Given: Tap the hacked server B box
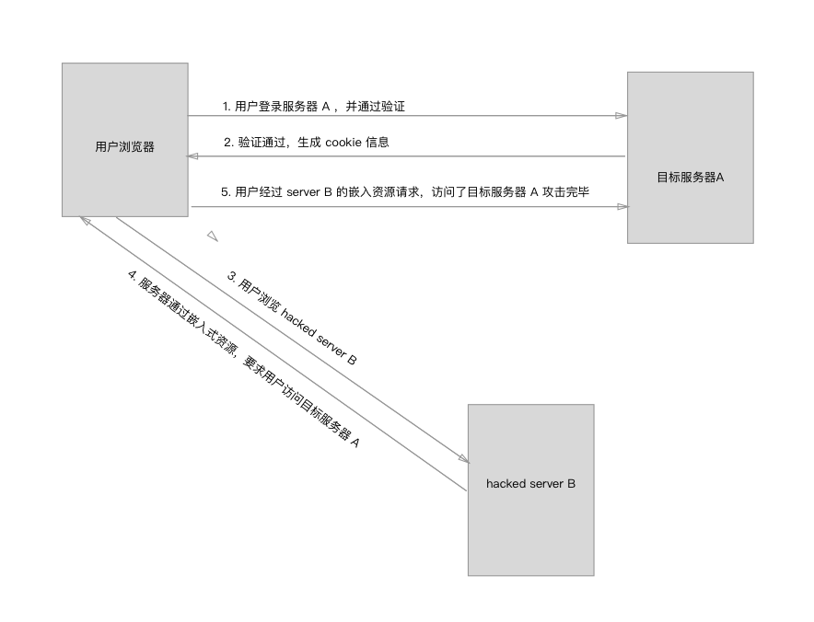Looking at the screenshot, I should (x=530, y=534).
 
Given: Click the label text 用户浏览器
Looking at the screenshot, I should (x=124, y=146).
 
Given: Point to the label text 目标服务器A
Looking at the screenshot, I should (x=690, y=177).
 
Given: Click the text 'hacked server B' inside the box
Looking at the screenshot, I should (x=530, y=483).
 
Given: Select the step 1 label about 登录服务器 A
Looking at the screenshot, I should (x=313, y=107).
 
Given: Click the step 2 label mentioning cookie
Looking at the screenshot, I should (x=307, y=143).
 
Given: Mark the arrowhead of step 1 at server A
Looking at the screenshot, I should (x=622, y=116).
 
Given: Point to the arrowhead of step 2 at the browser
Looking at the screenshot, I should (x=192, y=156).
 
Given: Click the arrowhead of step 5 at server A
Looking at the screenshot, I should (x=622, y=207).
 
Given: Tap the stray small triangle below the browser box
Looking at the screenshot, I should (x=213, y=236).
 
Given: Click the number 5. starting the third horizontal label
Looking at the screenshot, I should (x=227, y=192).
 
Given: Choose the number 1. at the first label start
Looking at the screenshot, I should (x=227, y=107).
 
